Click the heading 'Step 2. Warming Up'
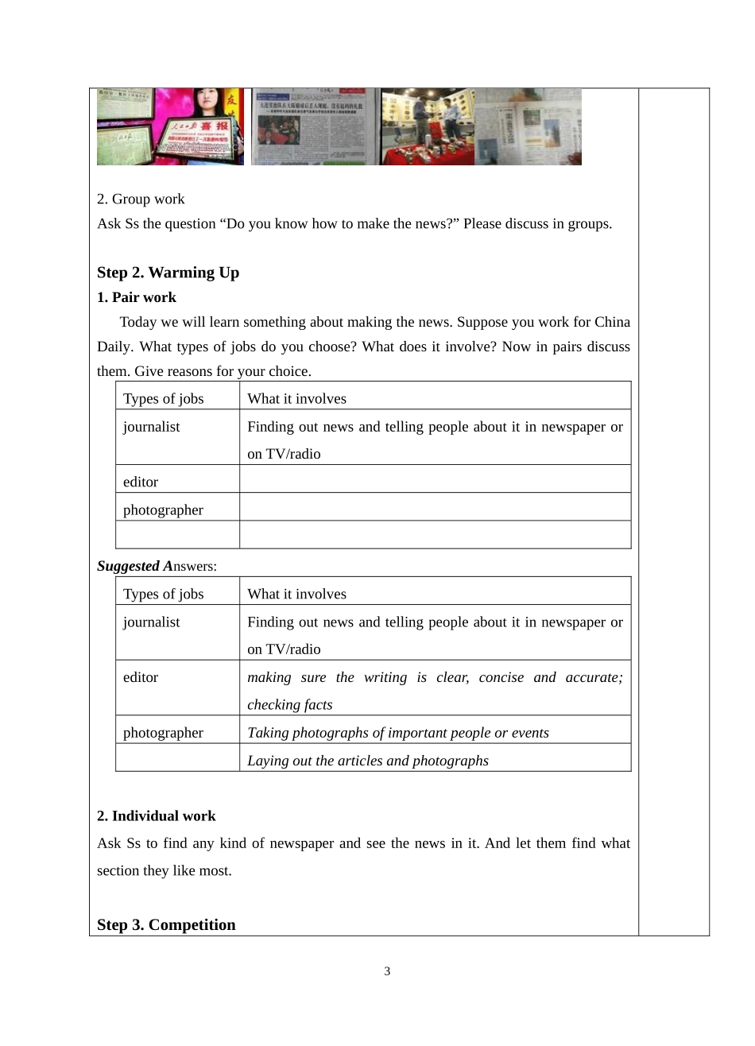pyautogui.click(x=168, y=273)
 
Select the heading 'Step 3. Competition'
pyautogui.click(x=166, y=924)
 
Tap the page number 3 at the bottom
pyautogui.click(x=387, y=971)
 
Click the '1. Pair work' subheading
pyautogui.click(x=137, y=297)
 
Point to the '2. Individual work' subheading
pyautogui.click(x=157, y=815)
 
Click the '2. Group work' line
pyautogui.click(x=141, y=199)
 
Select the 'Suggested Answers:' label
pyautogui.click(x=157, y=566)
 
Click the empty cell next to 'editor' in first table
pyautogui.click(x=435, y=479)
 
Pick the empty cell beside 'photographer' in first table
pyautogui.click(x=435, y=507)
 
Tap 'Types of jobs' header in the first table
pyautogui.click(x=163, y=398)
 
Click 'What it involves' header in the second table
pyautogui.click(x=296, y=594)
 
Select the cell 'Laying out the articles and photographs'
pyautogui.click(x=367, y=761)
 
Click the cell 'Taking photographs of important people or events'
pyautogui.click(x=397, y=733)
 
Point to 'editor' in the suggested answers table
pyautogui.click(x=141, y=677)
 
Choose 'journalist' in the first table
pyautogui.click(x=151, y=427)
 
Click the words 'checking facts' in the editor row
pyautogui.click(x=289, y=705)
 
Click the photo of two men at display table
pyautogui.click(x=428, y=127)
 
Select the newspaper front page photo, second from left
pyautogui.click(x=314, y=127)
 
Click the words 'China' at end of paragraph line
pyautogui.click(x=612, y=322)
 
